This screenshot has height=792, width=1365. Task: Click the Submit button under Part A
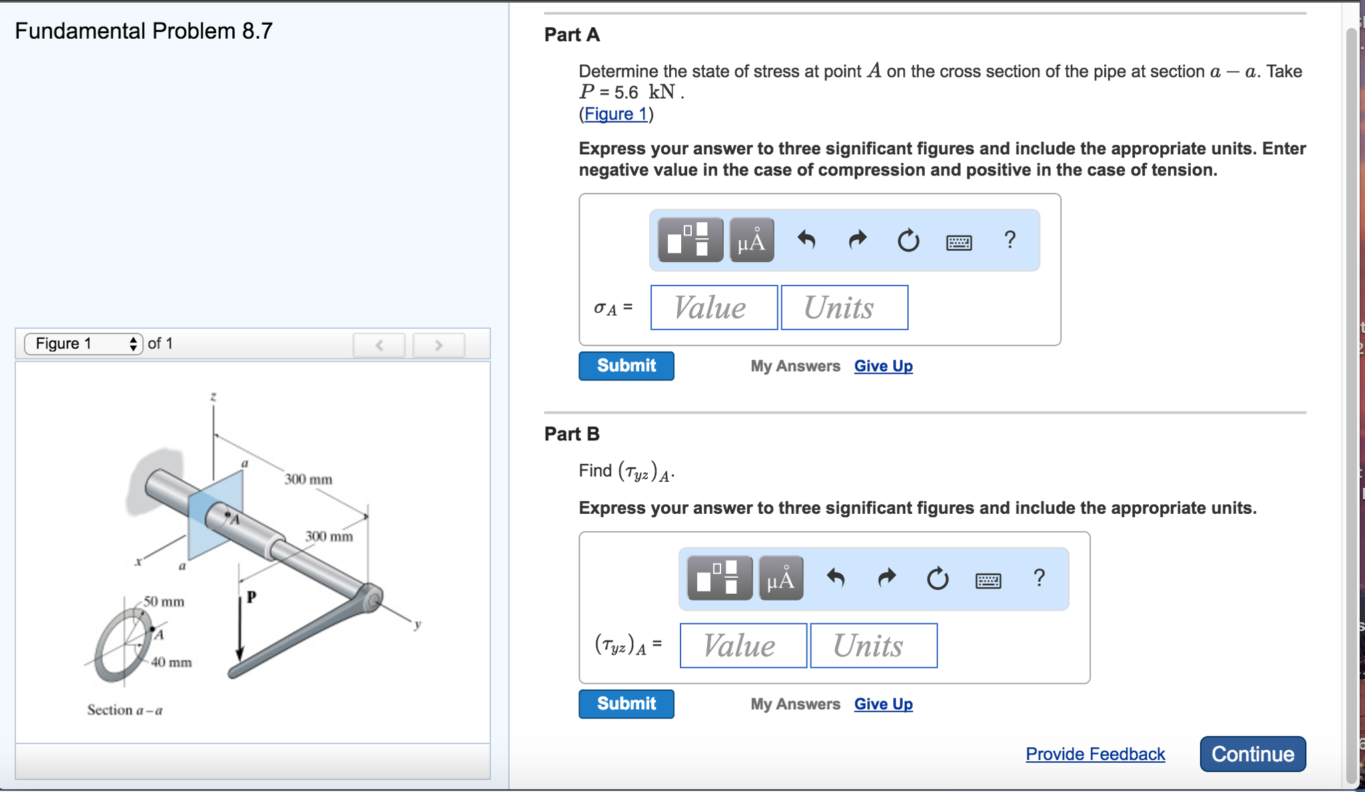pos(626,366)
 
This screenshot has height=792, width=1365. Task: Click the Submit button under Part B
pos(626,703)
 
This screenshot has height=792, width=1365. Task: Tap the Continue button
pos(1252,754)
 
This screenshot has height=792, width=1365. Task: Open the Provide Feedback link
pos(1095,754)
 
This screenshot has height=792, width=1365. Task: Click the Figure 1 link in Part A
pos(615,114)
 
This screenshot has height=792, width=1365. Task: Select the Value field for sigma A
pos(713,308)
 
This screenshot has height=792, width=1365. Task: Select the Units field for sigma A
pos(844,308)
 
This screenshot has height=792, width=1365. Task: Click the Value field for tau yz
pos(743,645)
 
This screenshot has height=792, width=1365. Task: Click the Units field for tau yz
pos(873,645)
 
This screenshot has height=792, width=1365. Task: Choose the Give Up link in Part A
pos(883,366)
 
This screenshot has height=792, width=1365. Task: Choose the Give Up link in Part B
pos(883,704)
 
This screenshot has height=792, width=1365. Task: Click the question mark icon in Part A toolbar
pos(1009,240)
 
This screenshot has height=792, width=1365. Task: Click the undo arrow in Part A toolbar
pos(807,240)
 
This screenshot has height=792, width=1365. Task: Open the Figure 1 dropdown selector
pos(83,344)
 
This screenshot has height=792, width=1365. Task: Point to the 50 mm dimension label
pos(164,602)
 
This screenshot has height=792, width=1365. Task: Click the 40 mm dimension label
pos(171,663)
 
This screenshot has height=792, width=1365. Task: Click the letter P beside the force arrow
pos(252,597)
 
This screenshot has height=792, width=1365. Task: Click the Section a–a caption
pos(125,710)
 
